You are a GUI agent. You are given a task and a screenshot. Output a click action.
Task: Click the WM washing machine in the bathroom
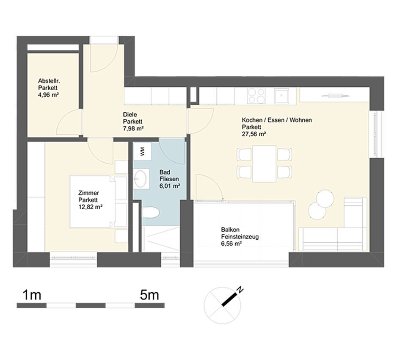pyautogui.click(x=142, y=151)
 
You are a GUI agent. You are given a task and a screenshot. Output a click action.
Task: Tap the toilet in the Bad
pyautogui.click(x=150, y=212)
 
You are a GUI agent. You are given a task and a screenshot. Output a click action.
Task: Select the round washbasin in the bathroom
pyautogui.click(x=140, y=179)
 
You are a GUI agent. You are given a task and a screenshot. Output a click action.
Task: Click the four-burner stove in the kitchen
pyautogui.click(x=257, y=96)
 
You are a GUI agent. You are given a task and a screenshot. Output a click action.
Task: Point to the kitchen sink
pyautogui.click(x=281, y=96)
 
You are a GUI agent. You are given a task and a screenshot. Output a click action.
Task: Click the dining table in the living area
pyautogui.click(x=264, y=163)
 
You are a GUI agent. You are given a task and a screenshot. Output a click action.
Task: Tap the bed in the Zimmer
pyautogui.click(x=98, y=202)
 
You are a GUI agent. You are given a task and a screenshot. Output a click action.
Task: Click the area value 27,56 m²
pyautogui.click(x=254, y=134)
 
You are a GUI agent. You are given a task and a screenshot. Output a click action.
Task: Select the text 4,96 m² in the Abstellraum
pyautogui.click(x=49, y=95)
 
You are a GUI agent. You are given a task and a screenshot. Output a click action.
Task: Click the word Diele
pyautogui.click(x=130, y=114)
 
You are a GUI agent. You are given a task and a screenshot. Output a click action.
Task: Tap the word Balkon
pyautogui.click(x=230, y=230)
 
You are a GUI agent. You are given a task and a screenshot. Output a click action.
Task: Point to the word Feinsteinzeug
pyautogui.click(x=240, y=237)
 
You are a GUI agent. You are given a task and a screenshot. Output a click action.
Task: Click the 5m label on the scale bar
pyautogui.click(x=149, y=295)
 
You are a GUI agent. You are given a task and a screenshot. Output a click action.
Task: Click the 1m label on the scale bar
pyautogui.click(x=32, y=295)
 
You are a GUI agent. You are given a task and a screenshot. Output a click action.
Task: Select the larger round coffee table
pyautogui.click(x=325, y=199)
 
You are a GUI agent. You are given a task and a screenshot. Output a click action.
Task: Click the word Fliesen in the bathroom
pyautogui.click(x=169, y=179)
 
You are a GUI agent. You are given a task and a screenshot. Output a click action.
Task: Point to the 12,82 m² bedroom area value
pyautogui.click(x=91, y=207)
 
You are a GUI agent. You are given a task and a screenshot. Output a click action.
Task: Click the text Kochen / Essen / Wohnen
pyautogui.click(x=277, y=120)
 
